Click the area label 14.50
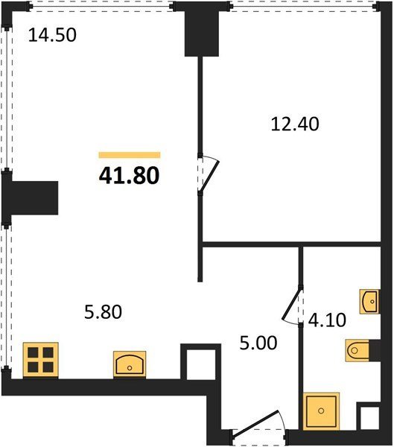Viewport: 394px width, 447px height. click(52, 35)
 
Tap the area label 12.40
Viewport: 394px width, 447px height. click(295, 124)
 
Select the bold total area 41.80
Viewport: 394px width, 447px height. click(129, 175)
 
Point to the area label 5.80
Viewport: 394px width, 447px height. click(104, 311)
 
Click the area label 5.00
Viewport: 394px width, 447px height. click(258, 343)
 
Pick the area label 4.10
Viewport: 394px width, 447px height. click(327, 320)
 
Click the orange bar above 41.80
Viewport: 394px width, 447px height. click(130, 155)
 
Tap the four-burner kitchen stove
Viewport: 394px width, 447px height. click(40, 360)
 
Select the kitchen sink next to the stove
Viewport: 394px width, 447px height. click(130, 364)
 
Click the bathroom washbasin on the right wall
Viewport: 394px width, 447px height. click(369, 302)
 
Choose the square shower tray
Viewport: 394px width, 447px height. click(321, 410)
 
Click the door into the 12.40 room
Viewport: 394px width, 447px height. click(208, 174)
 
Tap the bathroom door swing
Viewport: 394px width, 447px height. click(292, 305)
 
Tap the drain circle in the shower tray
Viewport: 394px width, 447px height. click(321, 410)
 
